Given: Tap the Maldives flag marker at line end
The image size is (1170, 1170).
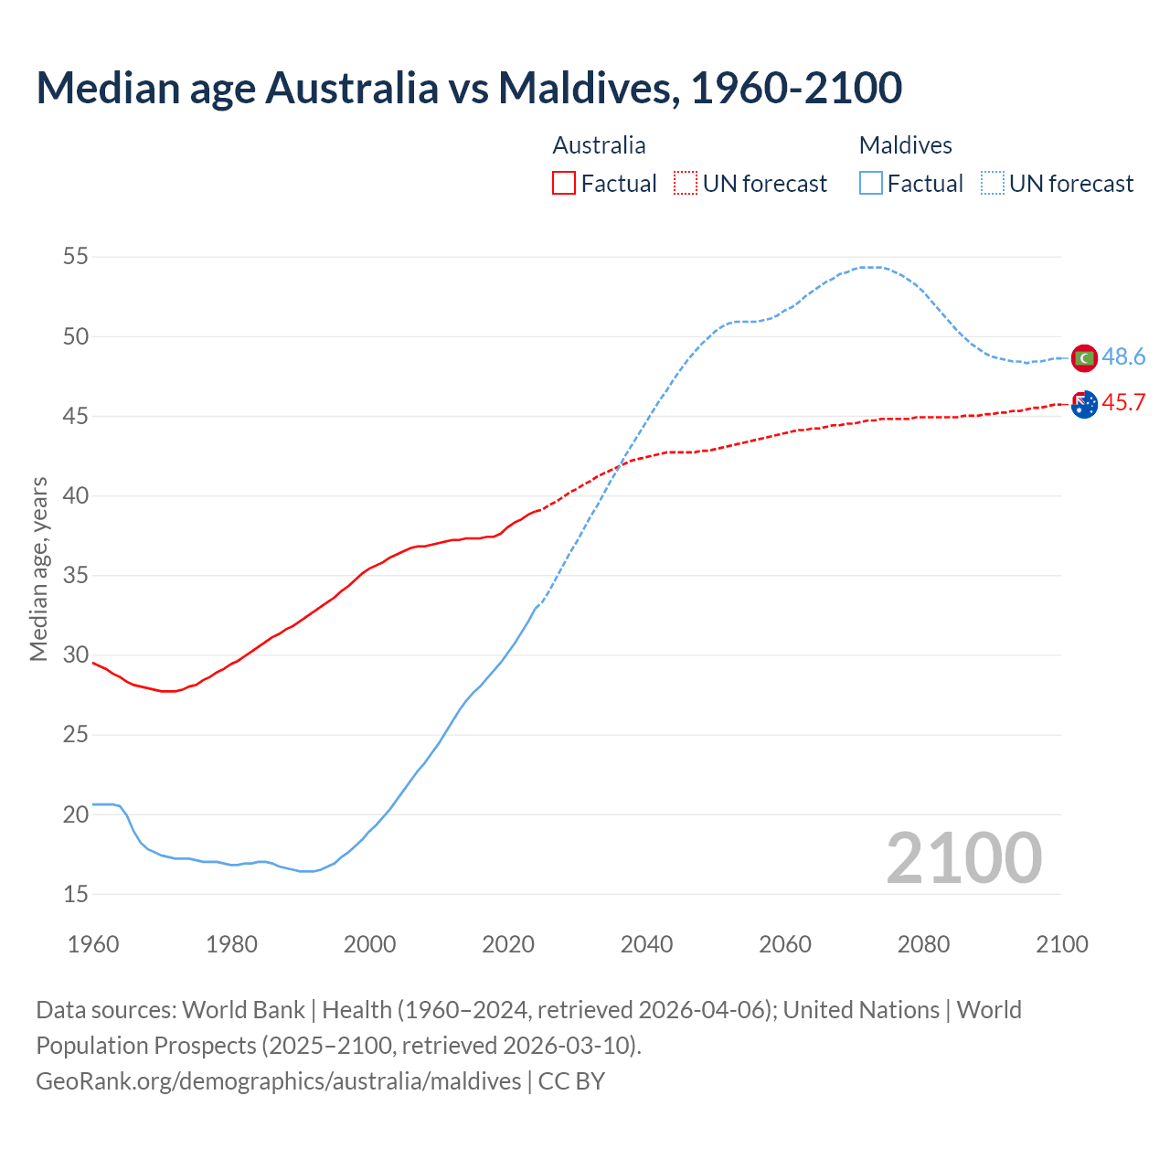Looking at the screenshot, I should (1084, 358).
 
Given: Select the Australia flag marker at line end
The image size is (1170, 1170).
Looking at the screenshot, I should (1084, 404).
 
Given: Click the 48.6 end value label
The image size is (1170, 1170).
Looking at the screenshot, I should (1123, 357).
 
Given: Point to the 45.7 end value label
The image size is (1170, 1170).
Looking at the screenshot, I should (1123, 403).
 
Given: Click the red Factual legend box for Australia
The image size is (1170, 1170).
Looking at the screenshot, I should (564, 184).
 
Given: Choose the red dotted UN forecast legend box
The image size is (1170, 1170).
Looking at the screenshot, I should (686, 184).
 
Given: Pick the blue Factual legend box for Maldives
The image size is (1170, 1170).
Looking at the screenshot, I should (871, 184).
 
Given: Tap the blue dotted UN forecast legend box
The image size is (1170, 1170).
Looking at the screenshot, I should (993, 184).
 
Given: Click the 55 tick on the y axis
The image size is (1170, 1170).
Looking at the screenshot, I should (76, 257).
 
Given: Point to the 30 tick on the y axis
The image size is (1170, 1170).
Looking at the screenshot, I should (76, 655).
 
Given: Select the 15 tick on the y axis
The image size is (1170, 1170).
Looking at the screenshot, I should (76, 894).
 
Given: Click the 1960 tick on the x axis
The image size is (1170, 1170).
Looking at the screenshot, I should (93, 944).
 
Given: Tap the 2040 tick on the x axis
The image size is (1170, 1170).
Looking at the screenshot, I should (646, 944).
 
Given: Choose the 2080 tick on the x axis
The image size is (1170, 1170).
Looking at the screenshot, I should (923, 944).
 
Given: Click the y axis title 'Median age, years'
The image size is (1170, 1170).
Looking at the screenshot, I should (38, 569).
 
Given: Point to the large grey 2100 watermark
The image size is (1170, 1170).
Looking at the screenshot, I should (963, 858).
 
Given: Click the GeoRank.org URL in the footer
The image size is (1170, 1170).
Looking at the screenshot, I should (278, 1081).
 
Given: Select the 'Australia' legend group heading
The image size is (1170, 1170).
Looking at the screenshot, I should (599, 145).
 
